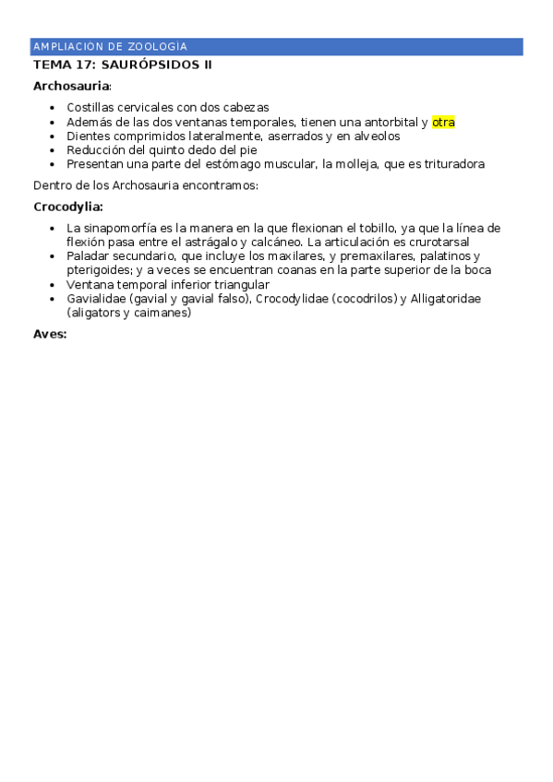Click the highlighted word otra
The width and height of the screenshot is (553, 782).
(443, 122)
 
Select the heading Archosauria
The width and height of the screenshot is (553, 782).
(70, 86)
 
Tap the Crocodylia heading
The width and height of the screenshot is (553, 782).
(67, 207)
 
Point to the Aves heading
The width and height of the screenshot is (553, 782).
(50, 334)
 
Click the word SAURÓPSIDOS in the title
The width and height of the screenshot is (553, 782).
(149, 65)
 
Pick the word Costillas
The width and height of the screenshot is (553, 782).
(90, 108)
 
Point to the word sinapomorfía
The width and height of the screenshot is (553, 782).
(123, 228)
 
